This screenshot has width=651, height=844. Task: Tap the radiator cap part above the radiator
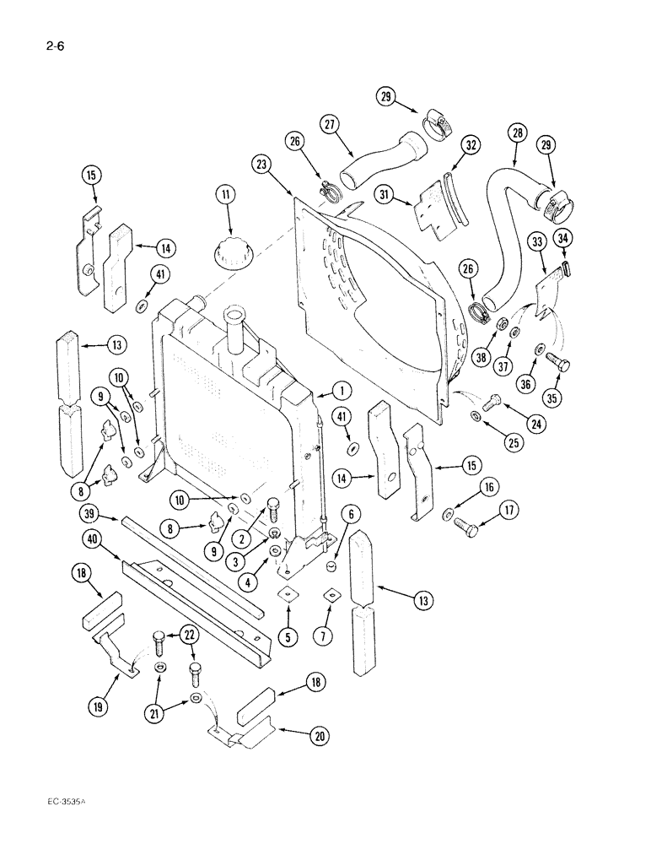pos(228,252)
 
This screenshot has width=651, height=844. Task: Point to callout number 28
pos(517,133)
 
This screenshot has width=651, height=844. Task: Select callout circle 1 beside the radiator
pos(341,390)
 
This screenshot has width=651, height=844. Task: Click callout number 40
pos(94,538)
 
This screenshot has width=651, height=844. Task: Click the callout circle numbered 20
pos(320,735)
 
